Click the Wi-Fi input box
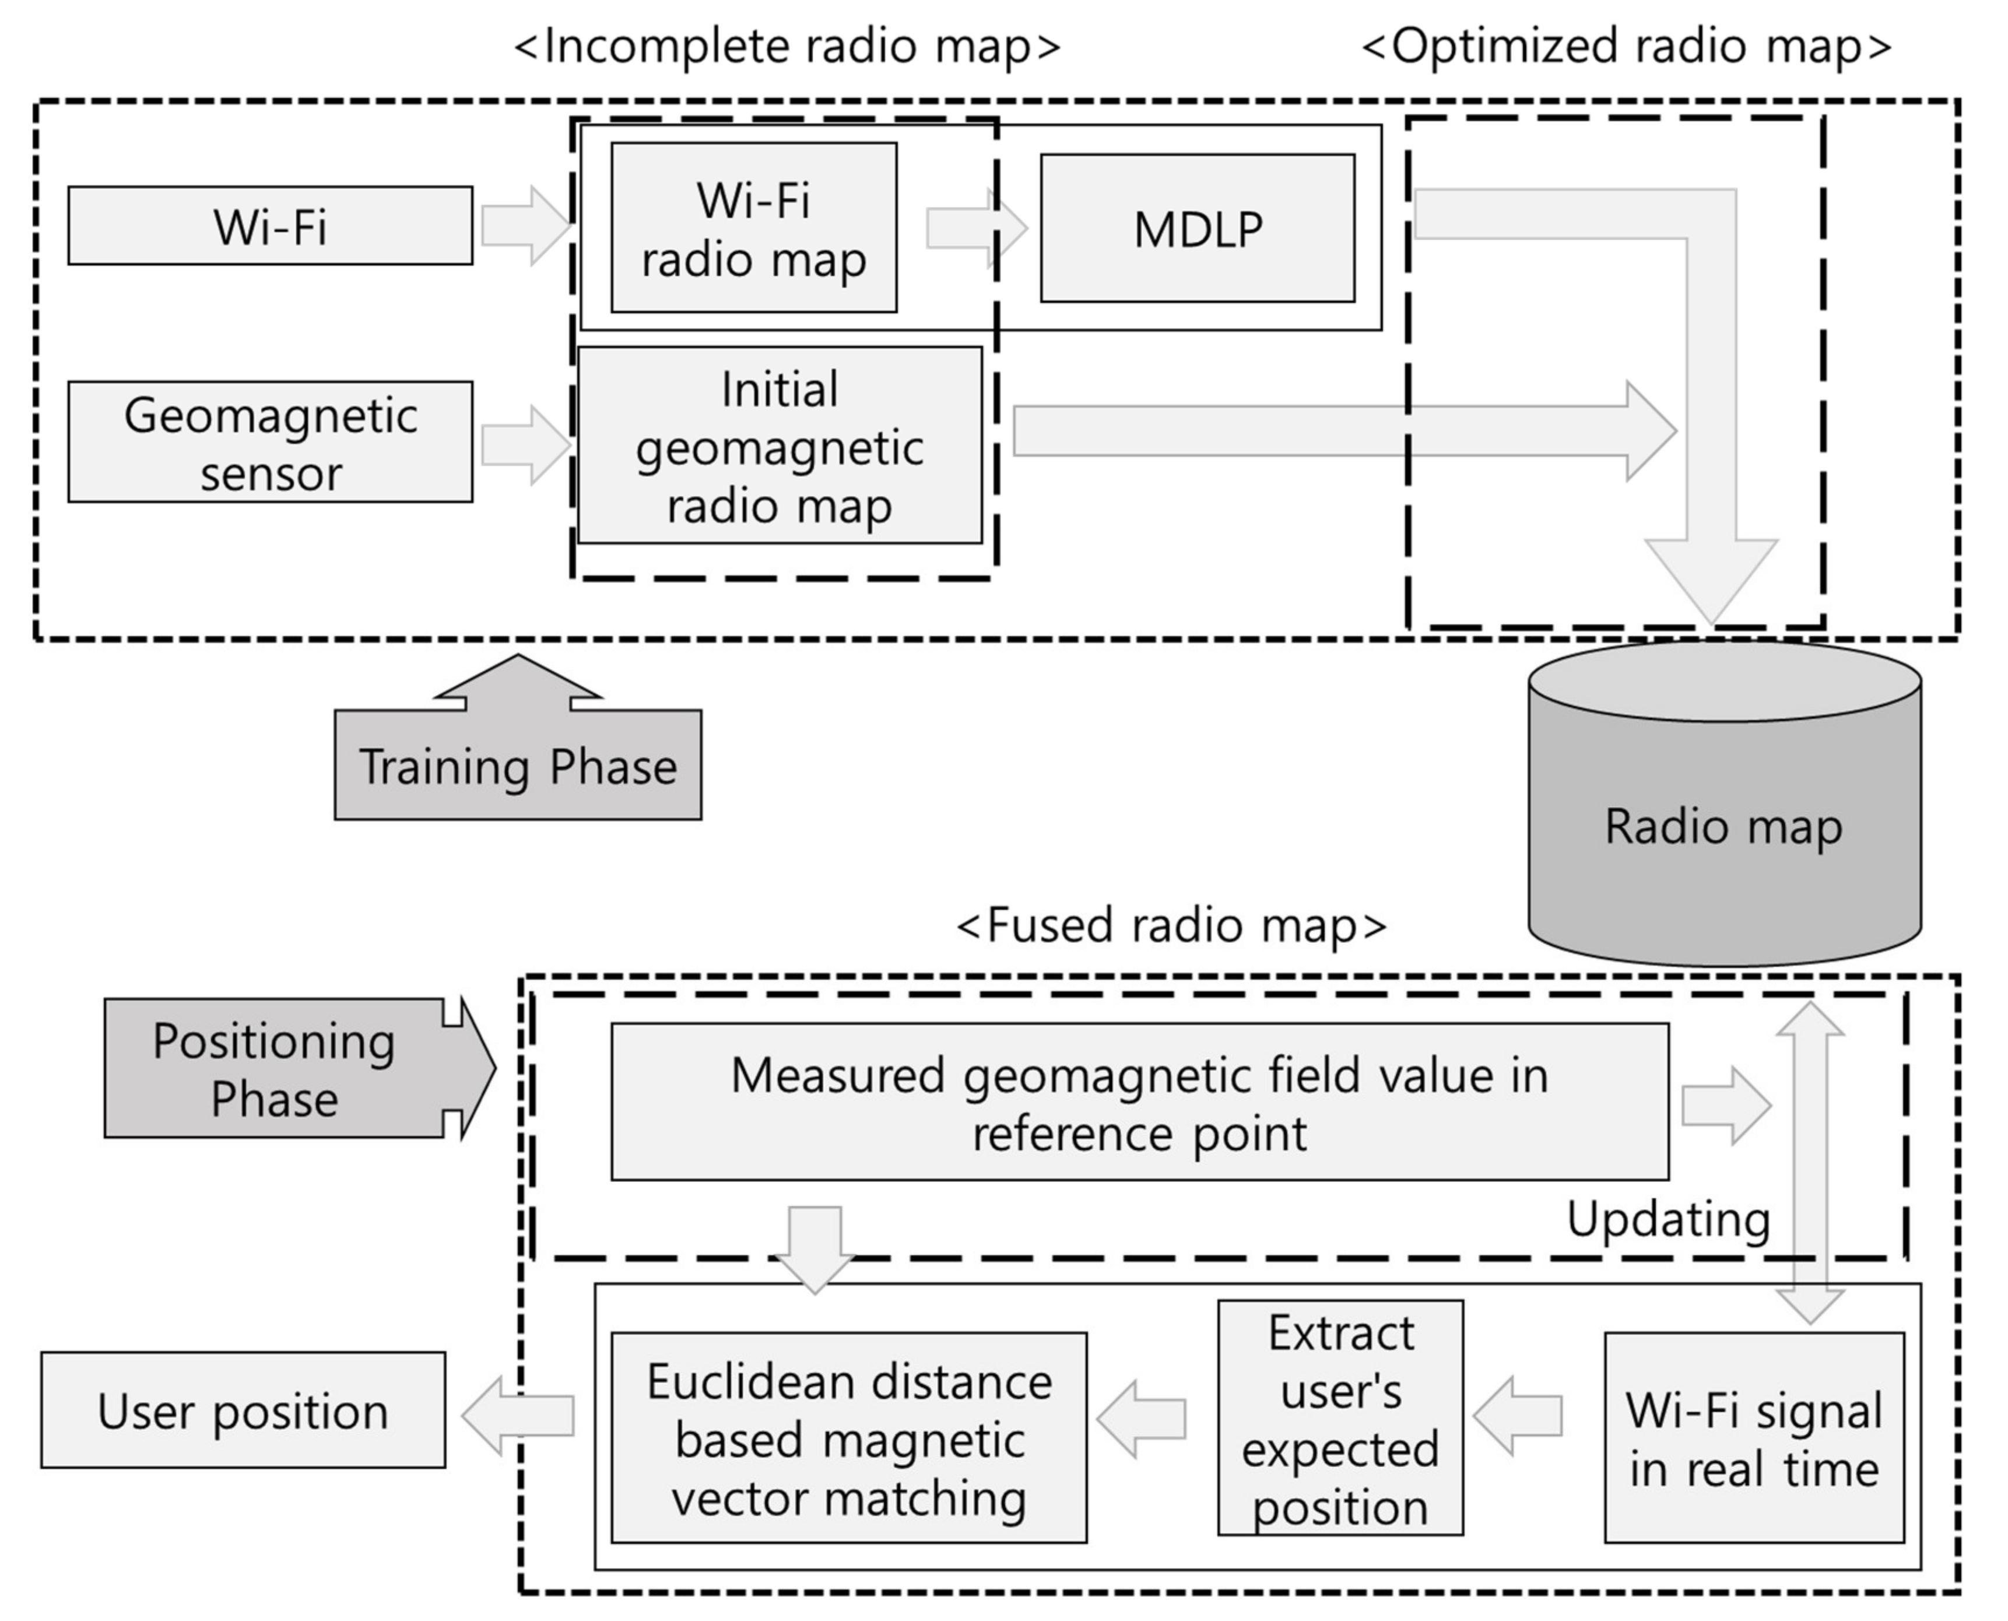coord(270,226)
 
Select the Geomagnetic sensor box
coord(270,441)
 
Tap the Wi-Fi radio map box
coord(753,228)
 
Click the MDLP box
coord(1197,229)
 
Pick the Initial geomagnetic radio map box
coord(780,445)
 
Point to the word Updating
coord(1668,1219)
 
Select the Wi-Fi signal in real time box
coord(1753,1438)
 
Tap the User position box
coord(243,1410)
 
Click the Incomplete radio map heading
coord(787,45)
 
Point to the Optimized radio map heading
coord(1626,45)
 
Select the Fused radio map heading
coord(1171,924)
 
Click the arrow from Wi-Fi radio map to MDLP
coord(975,228)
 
